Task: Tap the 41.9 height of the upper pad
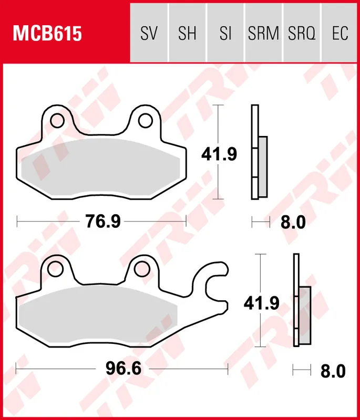[220, 154]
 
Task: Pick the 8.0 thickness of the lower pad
[333, 371]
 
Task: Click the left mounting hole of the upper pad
[56, 120]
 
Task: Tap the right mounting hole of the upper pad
[145, 121]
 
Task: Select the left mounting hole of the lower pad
[55, 269]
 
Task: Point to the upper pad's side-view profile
[259, 152]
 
